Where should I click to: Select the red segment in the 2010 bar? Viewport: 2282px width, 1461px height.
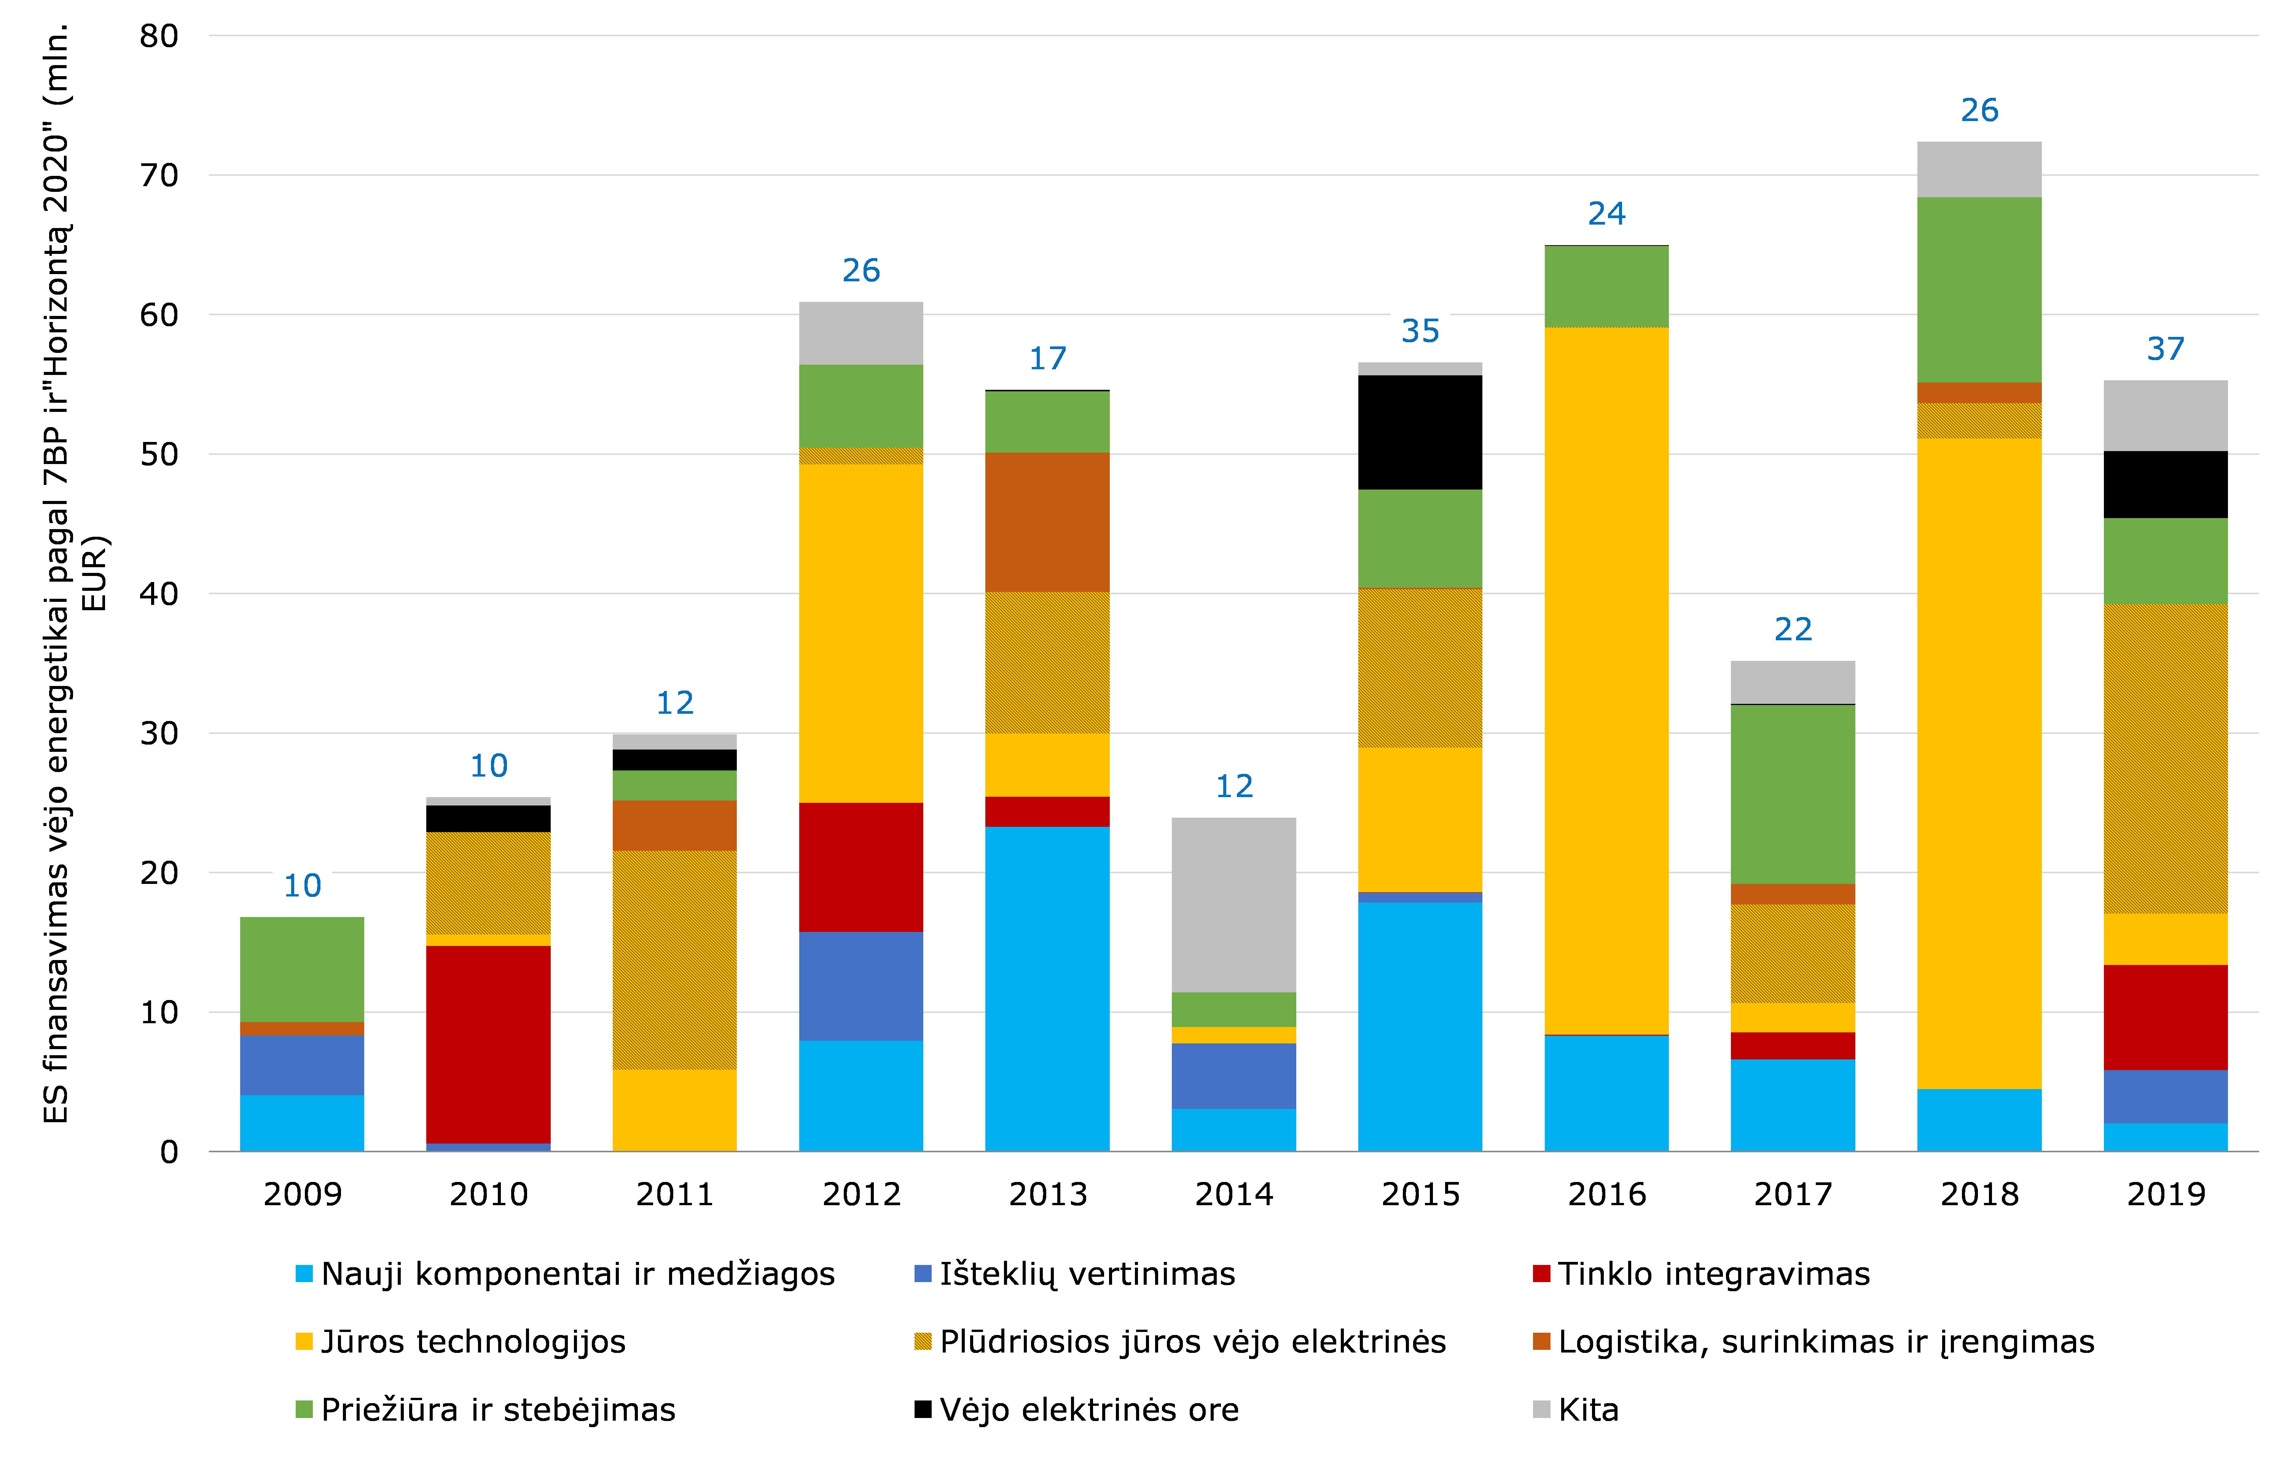(x=488, y=1043)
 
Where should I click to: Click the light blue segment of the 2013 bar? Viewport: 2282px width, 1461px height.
(x=1047, y=989)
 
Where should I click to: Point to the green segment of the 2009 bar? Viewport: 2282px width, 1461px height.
(x=301, y=969)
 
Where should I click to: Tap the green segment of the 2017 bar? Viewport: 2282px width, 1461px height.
(x=1793, y=794)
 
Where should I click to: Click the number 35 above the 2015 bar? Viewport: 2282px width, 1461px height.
(x=1420, y=331)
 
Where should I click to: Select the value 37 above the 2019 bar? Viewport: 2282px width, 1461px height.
(x=2165, y=349)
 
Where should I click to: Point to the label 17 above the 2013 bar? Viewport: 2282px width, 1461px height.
(x=1047, y=359)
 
